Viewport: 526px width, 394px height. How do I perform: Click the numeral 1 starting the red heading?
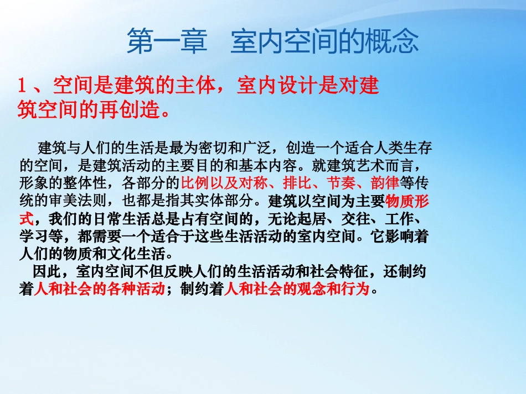23,86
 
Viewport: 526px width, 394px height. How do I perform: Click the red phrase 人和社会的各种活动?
99,289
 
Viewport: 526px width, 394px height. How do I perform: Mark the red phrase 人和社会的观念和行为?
297,289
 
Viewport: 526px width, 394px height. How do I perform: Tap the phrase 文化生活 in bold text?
142,254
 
